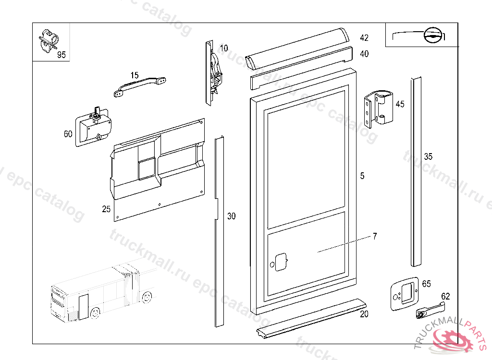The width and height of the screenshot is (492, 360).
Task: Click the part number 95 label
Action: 61,55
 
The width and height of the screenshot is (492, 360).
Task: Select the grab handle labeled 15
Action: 139,86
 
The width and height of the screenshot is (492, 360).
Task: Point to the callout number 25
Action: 106,209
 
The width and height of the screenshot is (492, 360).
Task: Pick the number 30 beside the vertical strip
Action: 232,216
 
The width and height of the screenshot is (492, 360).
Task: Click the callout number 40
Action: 364,54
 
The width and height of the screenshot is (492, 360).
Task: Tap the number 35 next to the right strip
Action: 428,156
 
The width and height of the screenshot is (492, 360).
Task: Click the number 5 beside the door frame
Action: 362,176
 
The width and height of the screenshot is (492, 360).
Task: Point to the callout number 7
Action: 375,236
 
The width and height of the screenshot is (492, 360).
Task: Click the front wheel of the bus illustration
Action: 95,313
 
